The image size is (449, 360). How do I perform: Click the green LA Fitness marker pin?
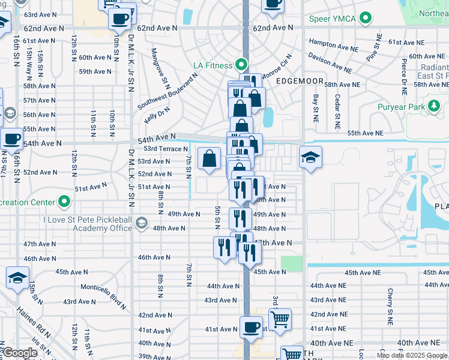(x=242, y=64)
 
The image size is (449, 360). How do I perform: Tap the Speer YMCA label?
(x=332, y=19)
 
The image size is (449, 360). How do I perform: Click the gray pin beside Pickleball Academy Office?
(x=141, y=224)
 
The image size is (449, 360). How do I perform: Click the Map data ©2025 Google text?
(x=412, y=355)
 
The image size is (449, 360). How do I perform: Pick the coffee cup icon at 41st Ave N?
(x=250, y=328)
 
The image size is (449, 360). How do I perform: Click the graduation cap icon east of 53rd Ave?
(x=310, y=158)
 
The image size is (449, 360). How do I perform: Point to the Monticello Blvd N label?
(x=103, y=294)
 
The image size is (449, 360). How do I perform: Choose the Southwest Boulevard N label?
(x=167, y=92)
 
